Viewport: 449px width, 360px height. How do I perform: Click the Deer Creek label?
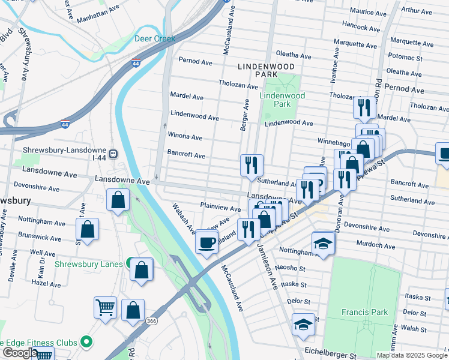coord(154,38)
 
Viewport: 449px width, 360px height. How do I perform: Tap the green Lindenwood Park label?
coord(282,100)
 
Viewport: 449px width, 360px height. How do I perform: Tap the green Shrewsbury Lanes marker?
coord(130,263)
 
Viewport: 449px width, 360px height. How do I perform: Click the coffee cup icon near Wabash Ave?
coord(207,242)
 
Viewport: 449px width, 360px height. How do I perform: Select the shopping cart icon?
coord(105,308)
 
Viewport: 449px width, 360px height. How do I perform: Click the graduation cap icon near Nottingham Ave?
coord(322,243)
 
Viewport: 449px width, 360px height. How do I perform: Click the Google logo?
coord(20,353)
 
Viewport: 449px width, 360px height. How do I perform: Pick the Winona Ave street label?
coord(184,135)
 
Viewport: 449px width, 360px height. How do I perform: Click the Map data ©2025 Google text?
coord(411,355)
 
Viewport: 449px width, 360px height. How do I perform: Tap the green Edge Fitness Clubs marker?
coord(86,342)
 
